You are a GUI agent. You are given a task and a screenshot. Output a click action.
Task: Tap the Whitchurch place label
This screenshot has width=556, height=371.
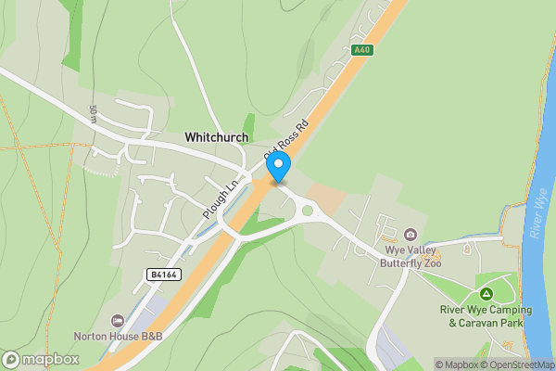click(x=216, y=137)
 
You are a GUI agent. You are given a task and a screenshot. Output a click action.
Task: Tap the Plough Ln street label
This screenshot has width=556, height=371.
click(x=221, y=198)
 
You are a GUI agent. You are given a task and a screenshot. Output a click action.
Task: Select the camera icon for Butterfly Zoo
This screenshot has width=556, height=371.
click(x=411, y=235)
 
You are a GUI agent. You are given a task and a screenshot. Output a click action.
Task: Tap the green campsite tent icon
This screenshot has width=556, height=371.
click(x=486, y=294)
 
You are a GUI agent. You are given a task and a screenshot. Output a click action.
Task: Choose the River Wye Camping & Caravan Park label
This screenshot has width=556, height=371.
click(x=486, y=316)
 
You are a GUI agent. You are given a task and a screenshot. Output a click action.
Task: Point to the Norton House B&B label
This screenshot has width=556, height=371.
click(x=118, y=336)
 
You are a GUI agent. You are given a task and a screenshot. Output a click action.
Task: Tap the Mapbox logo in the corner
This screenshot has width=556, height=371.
click(x=40, y=359)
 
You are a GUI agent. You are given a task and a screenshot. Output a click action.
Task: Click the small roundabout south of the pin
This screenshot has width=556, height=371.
click(x=308, y=211)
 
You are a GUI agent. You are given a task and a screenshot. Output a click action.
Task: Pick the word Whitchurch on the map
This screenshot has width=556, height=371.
click(x=216, y=137)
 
